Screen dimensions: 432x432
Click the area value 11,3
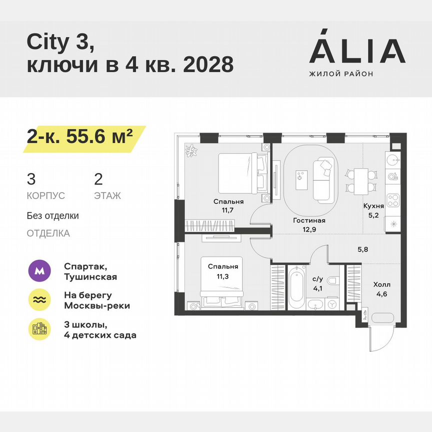[223, 275]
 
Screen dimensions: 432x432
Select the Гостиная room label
[309, 220]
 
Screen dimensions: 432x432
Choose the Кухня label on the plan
[373, 205]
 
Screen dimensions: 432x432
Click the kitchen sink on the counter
[393, 160]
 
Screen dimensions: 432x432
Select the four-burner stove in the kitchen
[393, 199]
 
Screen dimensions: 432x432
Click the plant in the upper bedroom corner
[191, 150]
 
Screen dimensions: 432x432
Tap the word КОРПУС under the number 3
[46, 196]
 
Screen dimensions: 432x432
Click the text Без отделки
[53, 216]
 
